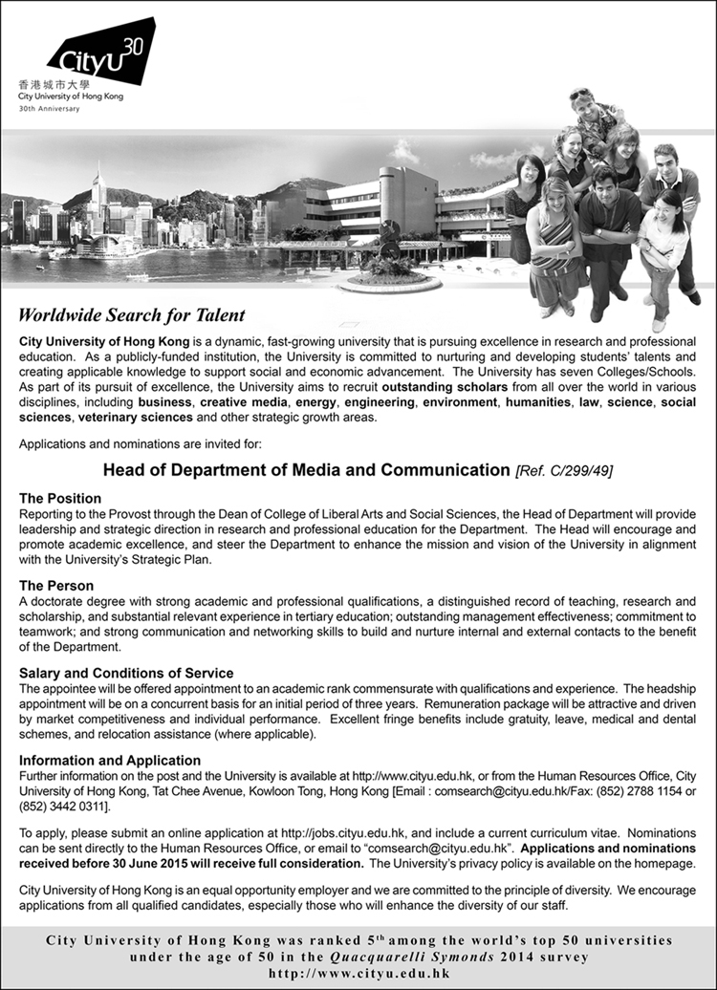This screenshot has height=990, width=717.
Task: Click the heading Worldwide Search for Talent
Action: tap(132, 315)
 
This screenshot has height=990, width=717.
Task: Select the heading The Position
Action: tap(60, 499)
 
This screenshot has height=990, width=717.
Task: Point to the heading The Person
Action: tap(56, 586)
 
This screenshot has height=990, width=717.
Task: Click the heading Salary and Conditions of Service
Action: tap(127, 673)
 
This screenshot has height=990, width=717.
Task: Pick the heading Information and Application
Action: tap(110, 761)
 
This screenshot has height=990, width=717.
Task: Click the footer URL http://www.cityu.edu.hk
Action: tap(358, 975)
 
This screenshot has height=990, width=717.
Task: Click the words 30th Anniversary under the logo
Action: tap(49, 109)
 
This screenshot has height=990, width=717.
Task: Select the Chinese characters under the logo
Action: tap(48, 85)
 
